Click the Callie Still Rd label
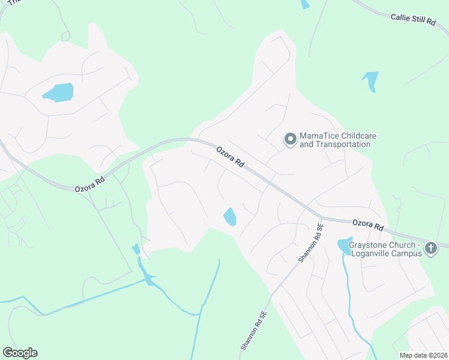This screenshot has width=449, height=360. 413,20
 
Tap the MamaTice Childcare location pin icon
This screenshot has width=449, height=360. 291,140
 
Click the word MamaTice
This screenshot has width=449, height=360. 319,136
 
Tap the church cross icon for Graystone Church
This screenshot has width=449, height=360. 430,247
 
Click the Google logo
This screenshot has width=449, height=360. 20,353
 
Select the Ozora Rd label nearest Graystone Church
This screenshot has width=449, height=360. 368,225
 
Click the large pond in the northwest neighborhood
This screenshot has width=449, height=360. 58,92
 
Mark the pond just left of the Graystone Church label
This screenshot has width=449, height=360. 344,245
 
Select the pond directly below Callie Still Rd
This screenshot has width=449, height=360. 371,80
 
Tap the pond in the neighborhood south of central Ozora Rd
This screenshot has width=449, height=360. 230,216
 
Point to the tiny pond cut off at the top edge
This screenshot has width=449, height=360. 305,4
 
